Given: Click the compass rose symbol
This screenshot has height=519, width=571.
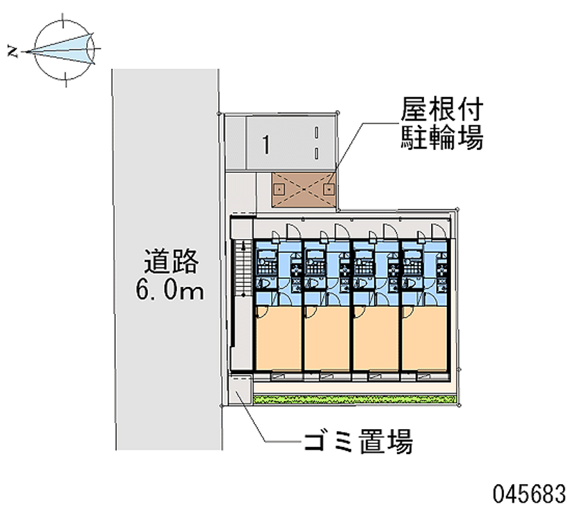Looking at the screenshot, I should [66, 50].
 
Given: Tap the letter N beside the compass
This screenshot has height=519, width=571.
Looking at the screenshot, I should [12, 51].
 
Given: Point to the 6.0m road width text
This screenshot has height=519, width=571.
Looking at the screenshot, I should [170, 291].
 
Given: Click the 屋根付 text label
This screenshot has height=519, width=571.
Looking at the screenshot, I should [443, 110].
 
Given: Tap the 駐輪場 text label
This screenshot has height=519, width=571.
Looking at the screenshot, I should [443, 138].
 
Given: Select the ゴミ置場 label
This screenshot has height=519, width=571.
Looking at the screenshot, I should [358, 443].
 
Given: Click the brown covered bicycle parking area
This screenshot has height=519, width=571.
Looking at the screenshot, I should [304, 191].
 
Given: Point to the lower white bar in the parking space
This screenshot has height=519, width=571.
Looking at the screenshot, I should [315, 152].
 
